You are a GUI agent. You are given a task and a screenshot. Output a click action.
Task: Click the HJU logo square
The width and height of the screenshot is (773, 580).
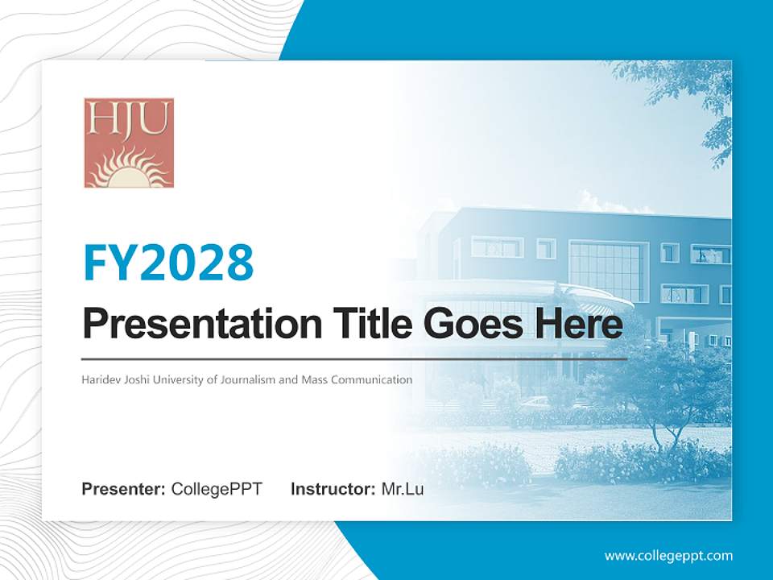pos(129,143)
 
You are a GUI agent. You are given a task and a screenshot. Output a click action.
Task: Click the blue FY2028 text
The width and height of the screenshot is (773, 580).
pos(168,262)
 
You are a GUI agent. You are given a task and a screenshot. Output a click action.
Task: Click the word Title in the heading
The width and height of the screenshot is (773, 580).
pos(370,325)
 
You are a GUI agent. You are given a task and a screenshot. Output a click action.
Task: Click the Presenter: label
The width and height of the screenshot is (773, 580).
pos(124,489)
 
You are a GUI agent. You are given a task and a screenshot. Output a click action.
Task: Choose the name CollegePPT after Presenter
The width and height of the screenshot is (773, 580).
pos(217,489)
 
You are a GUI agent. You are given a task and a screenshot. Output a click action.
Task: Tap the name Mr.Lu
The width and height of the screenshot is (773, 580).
pos(403,489)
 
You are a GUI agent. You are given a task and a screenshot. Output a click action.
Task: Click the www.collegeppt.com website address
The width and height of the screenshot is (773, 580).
pos(668,555)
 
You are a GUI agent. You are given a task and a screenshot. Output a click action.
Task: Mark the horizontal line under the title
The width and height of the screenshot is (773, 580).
pos(354,358)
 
